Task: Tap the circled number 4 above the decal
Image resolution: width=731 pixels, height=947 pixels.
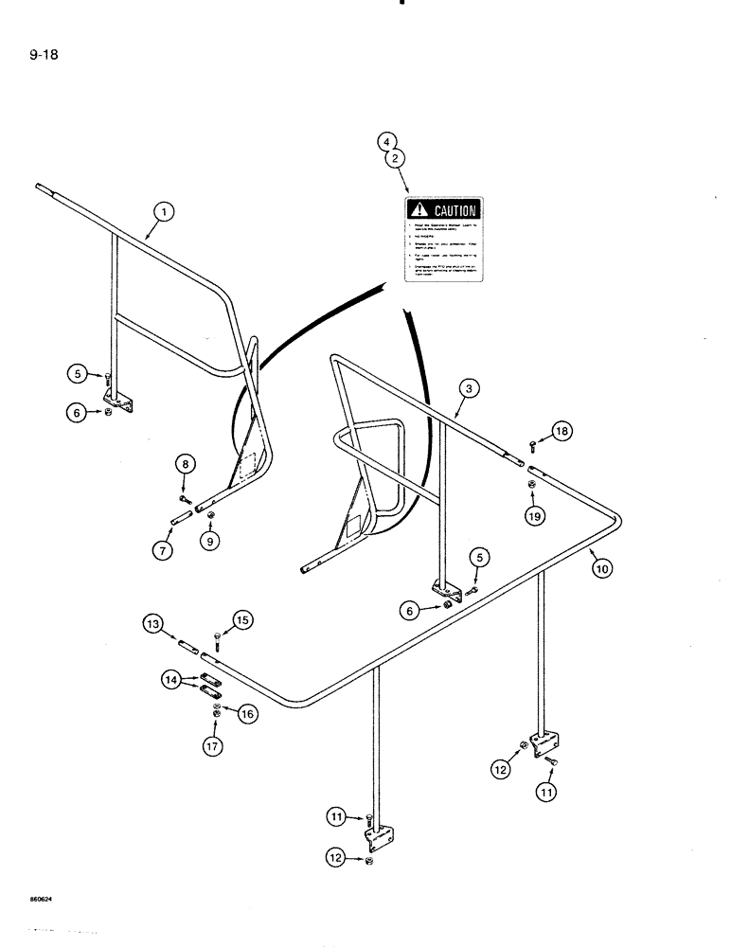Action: click(386, 142)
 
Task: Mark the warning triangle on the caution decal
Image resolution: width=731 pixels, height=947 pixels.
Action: click(417, 210)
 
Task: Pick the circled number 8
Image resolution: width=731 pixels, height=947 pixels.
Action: click(185, 463)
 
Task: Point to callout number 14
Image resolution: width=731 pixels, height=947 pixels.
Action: click(171, 680)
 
